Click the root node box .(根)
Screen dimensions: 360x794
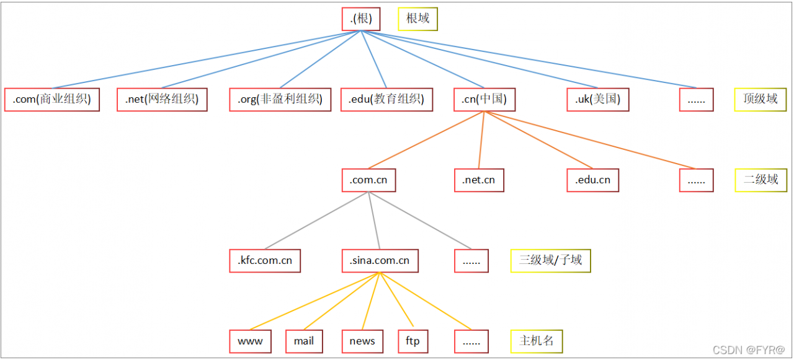361,19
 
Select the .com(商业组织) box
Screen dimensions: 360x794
52,99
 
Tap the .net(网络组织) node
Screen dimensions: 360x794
162,99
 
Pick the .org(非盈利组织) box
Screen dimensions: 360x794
280,99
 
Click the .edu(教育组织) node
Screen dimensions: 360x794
386,99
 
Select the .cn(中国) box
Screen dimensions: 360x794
484,99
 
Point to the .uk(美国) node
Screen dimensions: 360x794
598,99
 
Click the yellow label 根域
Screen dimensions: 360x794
417,19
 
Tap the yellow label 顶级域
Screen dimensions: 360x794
761,99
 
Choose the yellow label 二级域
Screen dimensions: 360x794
761,180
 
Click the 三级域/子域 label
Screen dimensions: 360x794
551,260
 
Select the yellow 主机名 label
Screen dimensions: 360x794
537,341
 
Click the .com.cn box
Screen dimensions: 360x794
368,180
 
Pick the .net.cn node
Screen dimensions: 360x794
479,180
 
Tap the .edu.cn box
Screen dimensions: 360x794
593,180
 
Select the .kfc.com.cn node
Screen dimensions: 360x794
265,260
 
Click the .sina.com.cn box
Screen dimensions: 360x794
380,260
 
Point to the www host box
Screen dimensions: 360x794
251,341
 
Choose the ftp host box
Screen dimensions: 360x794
413,341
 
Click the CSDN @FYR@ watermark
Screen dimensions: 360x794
749,351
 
